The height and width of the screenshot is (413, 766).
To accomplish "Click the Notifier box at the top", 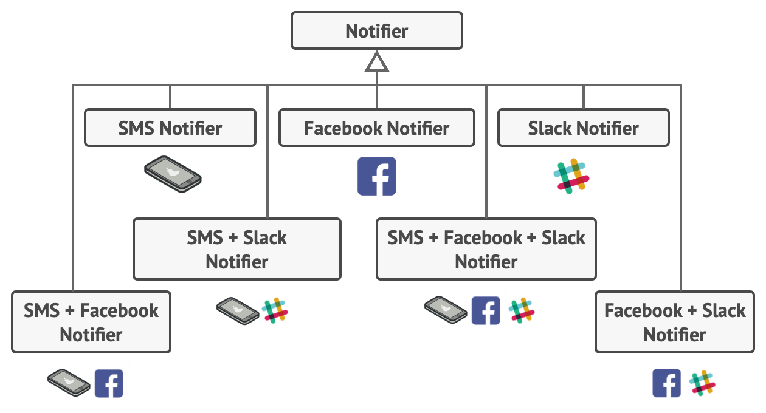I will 377,30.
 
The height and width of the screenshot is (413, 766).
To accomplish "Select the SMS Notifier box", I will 170,128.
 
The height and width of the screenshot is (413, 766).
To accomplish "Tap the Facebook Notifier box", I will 377,128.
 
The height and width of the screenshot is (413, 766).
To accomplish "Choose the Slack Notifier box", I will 584,128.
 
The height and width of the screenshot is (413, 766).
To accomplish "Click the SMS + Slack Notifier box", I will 237,249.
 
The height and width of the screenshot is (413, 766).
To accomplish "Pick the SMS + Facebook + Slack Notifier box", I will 486,249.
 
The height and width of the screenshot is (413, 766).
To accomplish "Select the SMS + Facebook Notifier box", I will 91,322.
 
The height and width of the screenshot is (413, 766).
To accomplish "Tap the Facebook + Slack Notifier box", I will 675,322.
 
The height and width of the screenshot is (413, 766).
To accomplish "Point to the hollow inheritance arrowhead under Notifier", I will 377,62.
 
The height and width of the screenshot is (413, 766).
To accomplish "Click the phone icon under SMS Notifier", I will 173,174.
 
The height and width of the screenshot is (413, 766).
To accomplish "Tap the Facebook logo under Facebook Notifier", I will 377,176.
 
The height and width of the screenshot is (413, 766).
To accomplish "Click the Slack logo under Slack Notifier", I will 571,176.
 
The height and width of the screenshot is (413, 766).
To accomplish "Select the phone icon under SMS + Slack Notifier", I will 238,310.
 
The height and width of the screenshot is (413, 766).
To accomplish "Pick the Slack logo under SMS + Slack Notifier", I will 274,310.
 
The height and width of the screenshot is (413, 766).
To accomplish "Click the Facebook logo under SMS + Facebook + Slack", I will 486,310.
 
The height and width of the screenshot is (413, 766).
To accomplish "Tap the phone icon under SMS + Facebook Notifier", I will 69,383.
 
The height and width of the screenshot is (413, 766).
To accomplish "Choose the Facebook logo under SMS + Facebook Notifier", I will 109,383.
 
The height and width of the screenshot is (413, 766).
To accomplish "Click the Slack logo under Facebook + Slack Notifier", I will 702,383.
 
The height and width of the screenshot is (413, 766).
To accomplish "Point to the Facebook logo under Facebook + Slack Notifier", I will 667,383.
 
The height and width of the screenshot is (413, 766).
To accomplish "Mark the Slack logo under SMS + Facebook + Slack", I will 521,310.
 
